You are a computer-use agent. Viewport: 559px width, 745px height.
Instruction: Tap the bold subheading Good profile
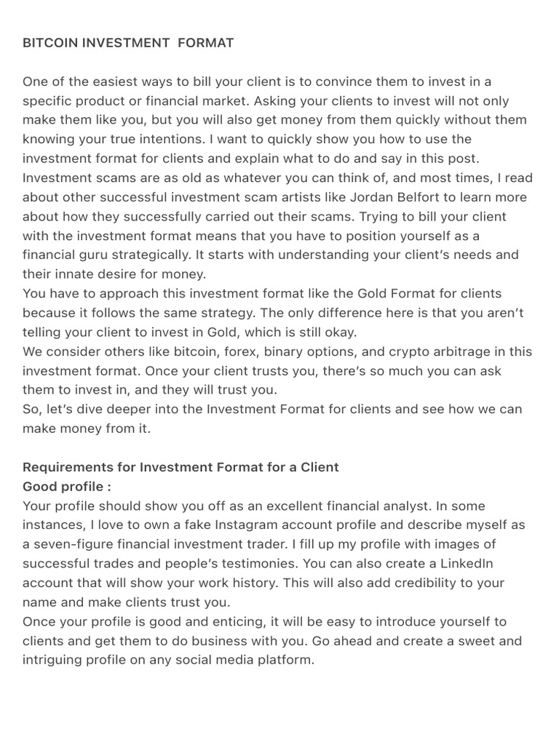click(67, 486)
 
